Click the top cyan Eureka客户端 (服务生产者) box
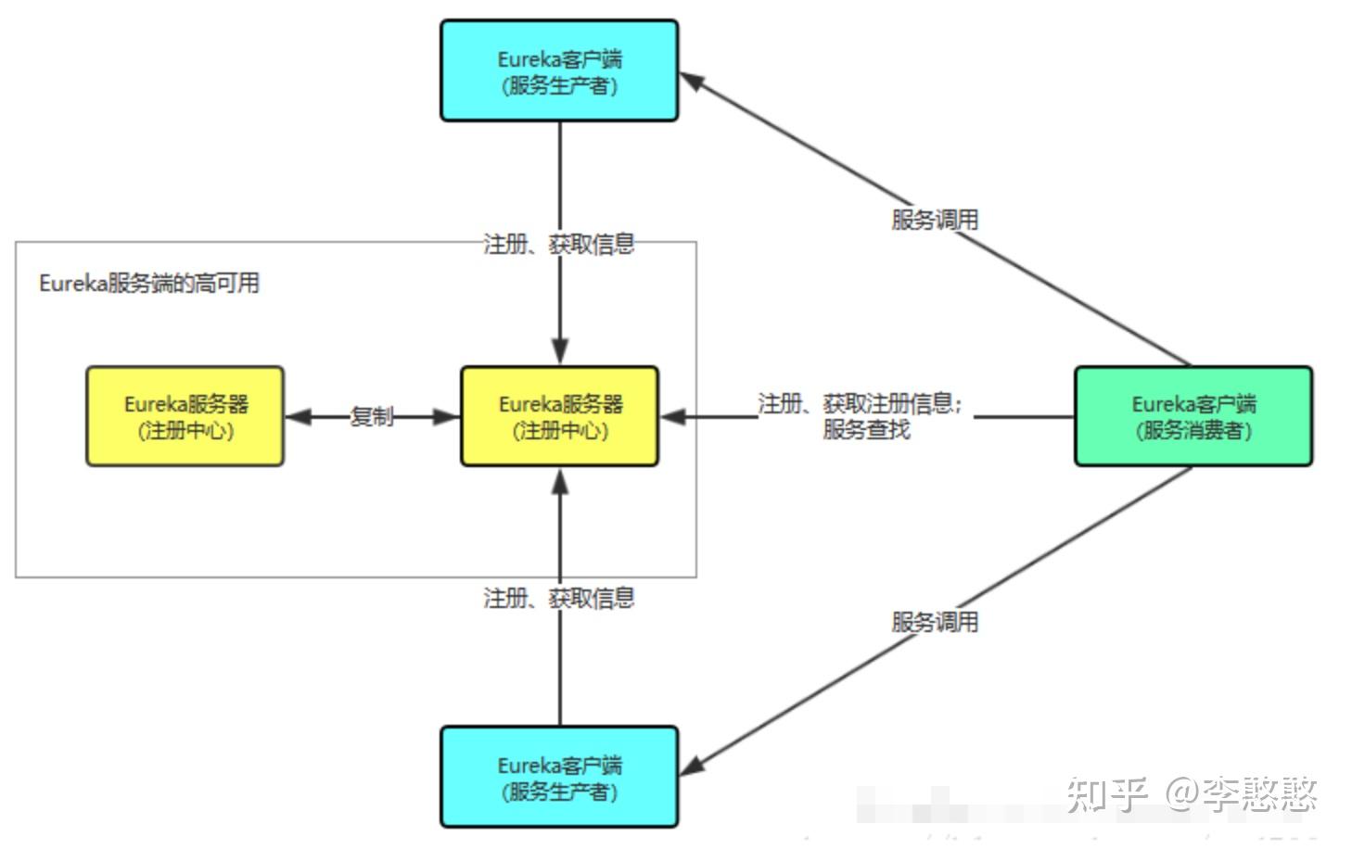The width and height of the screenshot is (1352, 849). (559, 71)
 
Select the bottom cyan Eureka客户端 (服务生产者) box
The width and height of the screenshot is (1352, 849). (559, 777)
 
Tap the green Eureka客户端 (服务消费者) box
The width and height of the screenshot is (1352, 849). (1193, 416)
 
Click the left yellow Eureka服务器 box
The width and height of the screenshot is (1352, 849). (185, 416)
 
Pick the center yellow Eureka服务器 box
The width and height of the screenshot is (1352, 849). (559, 416)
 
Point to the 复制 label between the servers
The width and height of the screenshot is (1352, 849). (372, 416)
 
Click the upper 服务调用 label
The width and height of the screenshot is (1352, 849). (935, 220)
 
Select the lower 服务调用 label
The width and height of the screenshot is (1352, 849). (935, 622)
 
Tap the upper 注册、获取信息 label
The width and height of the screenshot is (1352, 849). (559, 244)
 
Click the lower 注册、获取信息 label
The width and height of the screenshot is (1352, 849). (559, 598)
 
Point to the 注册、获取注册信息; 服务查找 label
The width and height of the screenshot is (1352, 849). (861, 416)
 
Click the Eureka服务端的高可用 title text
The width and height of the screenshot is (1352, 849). (149, 283)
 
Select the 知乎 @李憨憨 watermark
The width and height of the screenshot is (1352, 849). (1192, 794)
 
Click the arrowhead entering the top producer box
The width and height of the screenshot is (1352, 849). (693, 82)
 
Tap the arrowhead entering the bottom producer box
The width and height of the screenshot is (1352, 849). (693, 767)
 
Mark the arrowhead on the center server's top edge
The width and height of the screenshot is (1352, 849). (559, 353)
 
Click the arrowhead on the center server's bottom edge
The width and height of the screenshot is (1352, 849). (559, 481)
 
